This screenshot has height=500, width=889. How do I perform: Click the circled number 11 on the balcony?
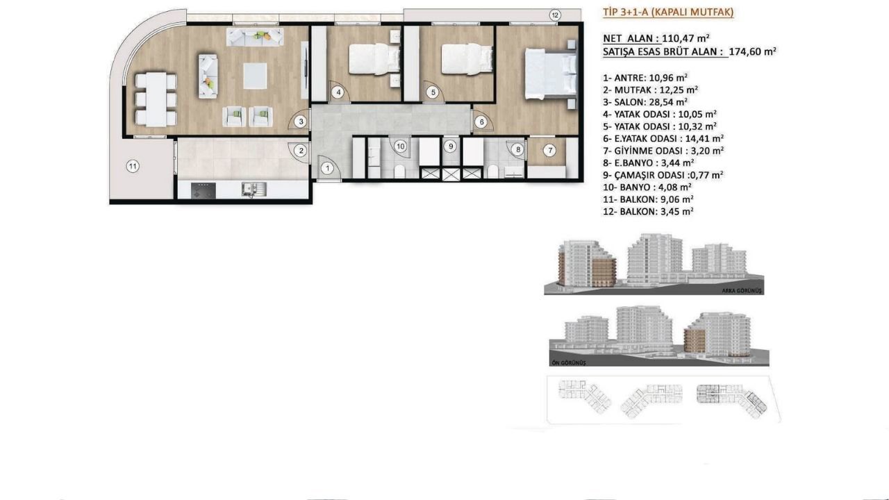point(133,166)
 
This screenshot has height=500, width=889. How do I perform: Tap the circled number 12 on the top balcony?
point(555,15)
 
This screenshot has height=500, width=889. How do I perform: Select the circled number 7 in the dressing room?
point(549,151)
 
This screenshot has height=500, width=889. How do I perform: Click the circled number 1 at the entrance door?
point(327,168)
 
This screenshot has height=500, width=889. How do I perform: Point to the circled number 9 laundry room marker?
point(451,147)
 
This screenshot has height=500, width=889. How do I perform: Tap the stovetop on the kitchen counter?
point(203,190)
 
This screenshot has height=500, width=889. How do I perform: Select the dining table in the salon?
point(156,99)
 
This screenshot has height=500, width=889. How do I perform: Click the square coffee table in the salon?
point(255,76)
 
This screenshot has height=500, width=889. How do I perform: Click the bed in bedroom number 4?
point(374,59)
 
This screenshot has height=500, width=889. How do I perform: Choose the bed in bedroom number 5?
point(467,59)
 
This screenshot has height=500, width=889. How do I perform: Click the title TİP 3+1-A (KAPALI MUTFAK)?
point(668,12)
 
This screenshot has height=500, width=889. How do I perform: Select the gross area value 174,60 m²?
point(752,51)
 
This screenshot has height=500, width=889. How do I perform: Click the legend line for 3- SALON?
point(645,102)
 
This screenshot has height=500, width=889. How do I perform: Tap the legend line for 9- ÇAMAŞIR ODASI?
point(663,175)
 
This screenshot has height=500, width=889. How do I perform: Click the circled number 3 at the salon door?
point(301,122)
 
